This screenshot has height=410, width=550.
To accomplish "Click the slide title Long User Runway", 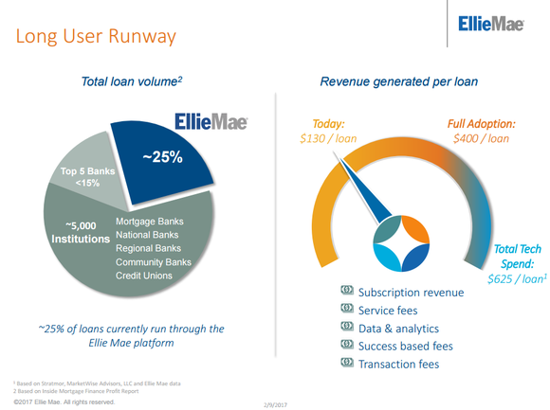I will [x=94, y=38].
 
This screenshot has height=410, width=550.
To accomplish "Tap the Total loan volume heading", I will [x=130, y=84].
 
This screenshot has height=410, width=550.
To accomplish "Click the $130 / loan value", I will [x=321, y=139].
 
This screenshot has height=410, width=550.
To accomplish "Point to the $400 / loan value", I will [x=481, y=139].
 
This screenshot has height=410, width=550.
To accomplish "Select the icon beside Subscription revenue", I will [x=347, y=292].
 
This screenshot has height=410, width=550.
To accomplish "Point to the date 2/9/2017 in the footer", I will [x=274, y=403].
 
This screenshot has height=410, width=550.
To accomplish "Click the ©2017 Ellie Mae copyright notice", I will [x=58, y=401].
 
